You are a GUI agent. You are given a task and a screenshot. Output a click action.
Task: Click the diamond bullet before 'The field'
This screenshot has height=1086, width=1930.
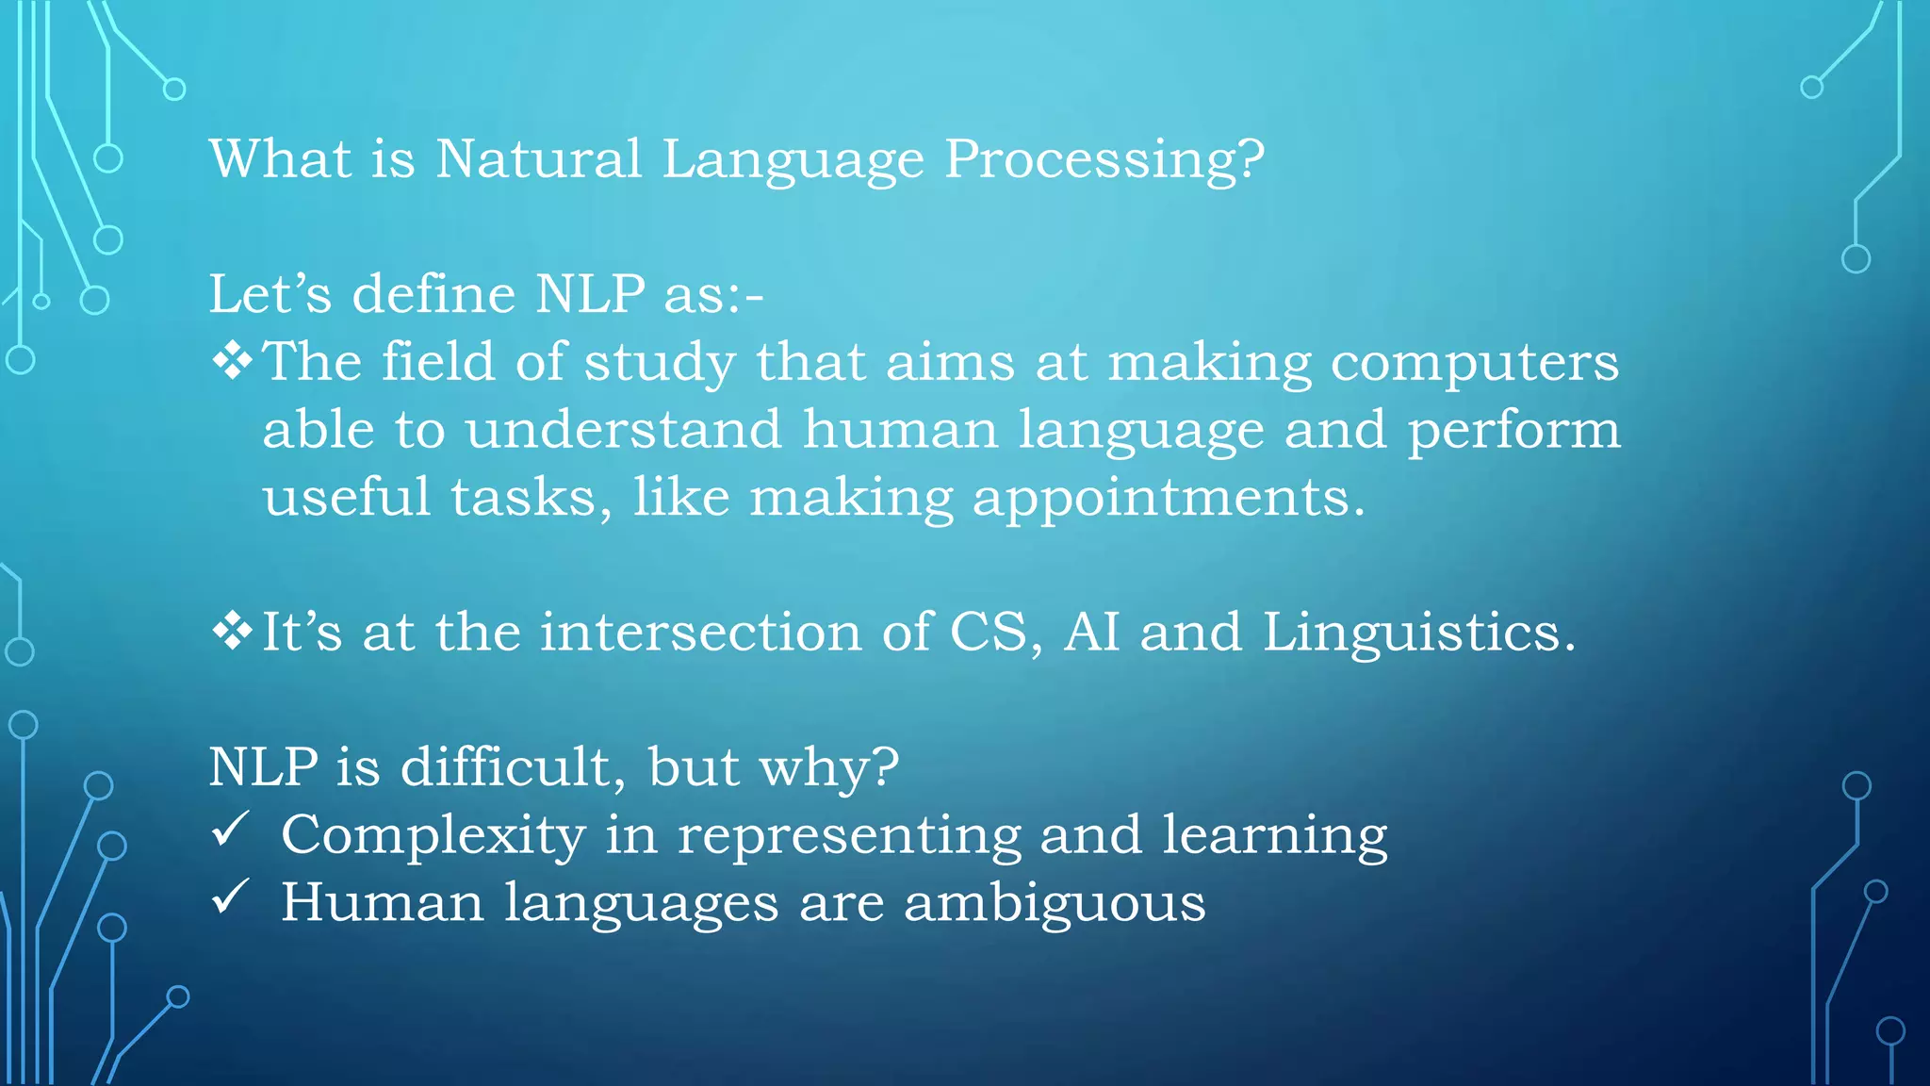(231, 361)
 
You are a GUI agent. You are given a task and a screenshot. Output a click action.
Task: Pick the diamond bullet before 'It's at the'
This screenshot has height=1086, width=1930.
(231, 631)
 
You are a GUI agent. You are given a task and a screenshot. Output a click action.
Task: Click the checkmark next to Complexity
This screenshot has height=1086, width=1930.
(230, 830)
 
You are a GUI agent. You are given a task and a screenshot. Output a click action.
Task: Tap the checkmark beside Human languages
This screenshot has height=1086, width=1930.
(230, 897)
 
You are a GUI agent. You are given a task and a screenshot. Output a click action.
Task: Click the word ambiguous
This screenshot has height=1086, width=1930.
(1054, 903)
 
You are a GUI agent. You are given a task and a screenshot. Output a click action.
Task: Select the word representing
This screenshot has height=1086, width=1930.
(849, 836)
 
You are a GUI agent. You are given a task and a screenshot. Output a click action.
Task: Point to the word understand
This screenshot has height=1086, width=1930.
(624, 429)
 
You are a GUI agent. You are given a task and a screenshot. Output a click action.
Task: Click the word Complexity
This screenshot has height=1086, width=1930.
(433, 835)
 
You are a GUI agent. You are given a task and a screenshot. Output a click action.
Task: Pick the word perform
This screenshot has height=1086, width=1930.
(1513, 431)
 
